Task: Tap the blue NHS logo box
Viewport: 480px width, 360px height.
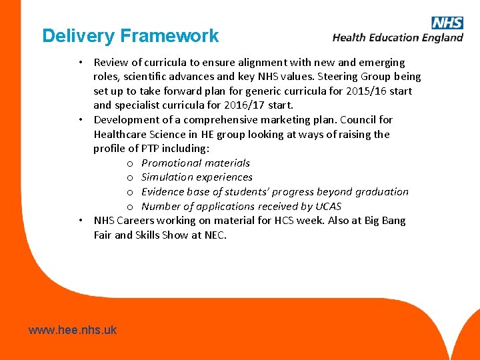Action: (447, 23)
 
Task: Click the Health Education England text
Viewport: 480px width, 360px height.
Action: (398, 38)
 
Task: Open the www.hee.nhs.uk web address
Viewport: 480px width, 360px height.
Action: (73, 329)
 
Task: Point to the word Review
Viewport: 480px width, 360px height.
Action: (111, 62)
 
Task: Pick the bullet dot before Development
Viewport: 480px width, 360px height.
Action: (79, 120)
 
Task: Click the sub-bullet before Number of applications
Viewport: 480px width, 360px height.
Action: (130, 207)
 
